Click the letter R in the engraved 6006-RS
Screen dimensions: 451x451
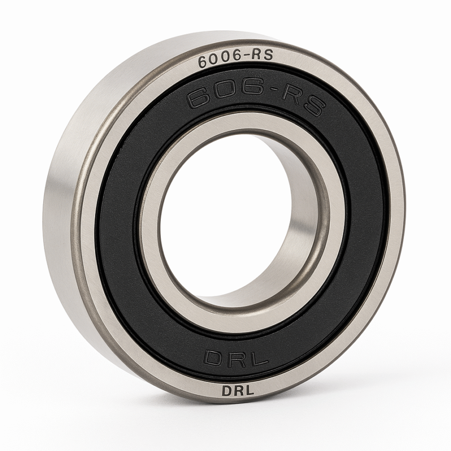click(256, 55)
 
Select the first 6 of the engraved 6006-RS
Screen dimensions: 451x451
click(203, 62)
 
